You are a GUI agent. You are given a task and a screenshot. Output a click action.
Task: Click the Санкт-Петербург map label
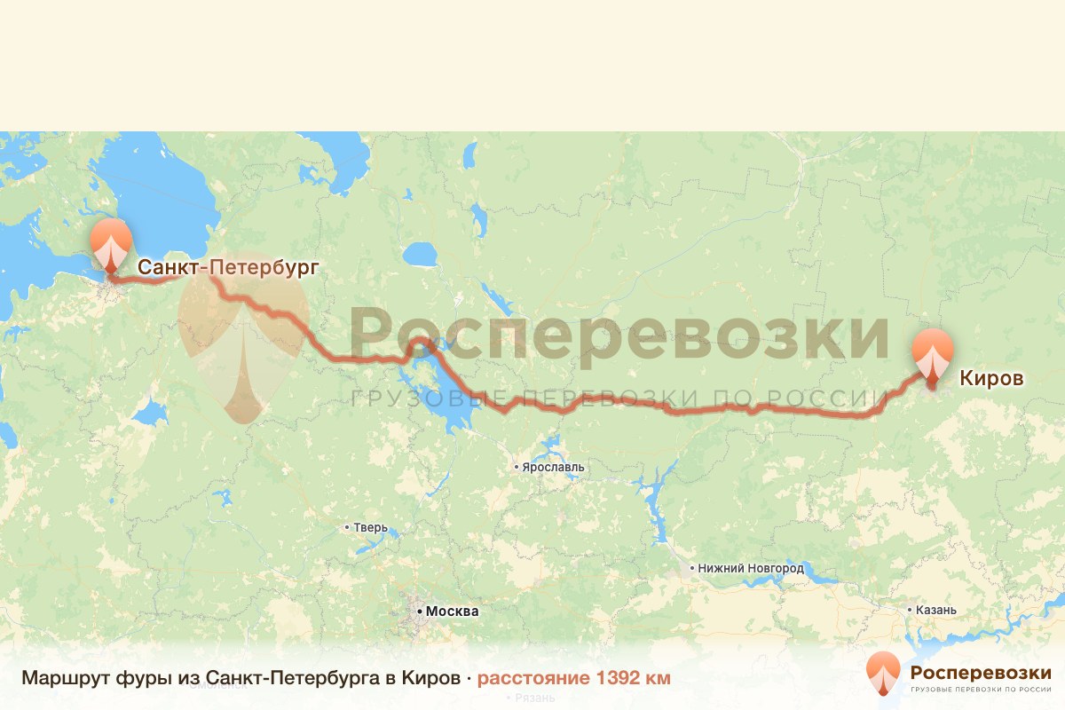click(226, 266)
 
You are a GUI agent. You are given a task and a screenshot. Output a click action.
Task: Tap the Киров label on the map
click(991, 379)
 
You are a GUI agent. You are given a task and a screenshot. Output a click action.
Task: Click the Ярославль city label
click(554, 467)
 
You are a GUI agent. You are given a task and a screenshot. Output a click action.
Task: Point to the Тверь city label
click(371, 528)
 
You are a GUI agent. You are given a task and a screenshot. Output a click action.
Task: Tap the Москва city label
click(452, 611)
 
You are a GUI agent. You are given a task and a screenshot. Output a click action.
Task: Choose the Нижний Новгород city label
click(751, 568)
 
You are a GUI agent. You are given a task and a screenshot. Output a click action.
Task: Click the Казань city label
click(935, 610)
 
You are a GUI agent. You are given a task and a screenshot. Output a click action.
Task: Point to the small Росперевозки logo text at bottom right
click(980, 672)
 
